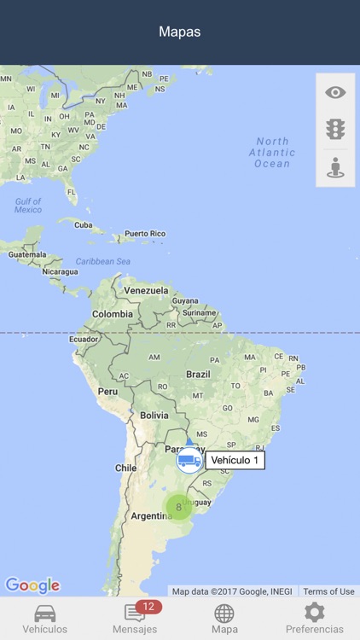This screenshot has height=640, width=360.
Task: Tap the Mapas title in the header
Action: (x=180, y=32)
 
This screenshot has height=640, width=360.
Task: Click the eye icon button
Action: (x=335, y=93)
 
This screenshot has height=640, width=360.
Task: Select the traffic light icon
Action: (x=335, y=130)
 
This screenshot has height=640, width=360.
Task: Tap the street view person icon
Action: (x=335, y=167)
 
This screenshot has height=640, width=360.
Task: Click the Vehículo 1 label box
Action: (x=235, y=461)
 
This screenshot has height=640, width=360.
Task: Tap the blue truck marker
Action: (x=189, y=461)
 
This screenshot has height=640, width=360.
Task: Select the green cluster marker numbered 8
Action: (x=178, y=507)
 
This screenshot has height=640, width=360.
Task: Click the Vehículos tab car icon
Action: (x=44, y=613)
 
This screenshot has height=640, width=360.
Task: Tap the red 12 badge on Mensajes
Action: (x=148, y=607)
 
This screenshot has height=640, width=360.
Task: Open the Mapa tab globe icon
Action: (x=224, y=613)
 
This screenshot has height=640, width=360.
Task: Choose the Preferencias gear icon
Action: (x=315, y=612)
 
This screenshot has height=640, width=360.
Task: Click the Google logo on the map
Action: (x=32, y=585)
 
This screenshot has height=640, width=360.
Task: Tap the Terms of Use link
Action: (x=328, y=591)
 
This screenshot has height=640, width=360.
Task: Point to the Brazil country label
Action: (x=198, y=374)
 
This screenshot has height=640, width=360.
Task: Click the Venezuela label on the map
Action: (x=146, y=290)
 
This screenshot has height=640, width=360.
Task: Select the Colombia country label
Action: (x=113, y=314)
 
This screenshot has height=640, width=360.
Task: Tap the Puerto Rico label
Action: (x=145, y=233)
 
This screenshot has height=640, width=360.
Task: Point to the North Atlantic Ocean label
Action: (x=272, y=152)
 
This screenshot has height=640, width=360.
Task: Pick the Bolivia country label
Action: (x=154, y=415)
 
